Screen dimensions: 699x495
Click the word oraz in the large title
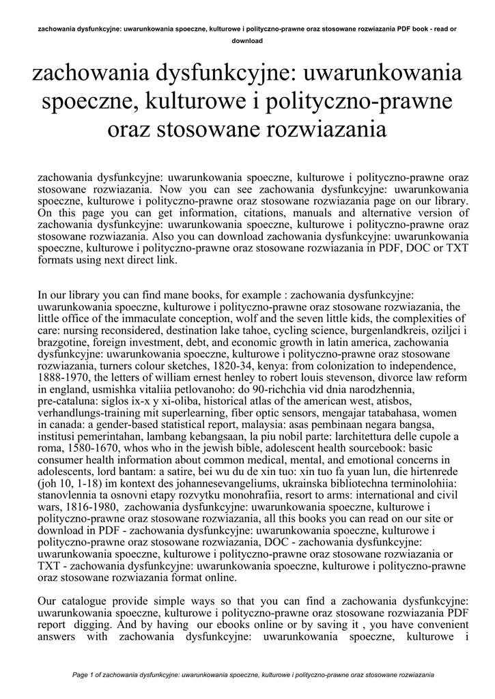click(x=132, y=130)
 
